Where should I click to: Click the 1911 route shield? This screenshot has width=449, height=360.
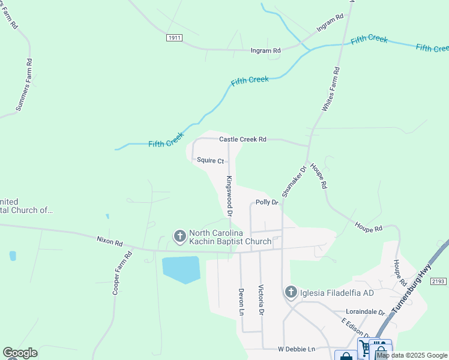pos(174,37)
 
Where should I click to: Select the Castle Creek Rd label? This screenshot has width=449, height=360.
pos(243,139)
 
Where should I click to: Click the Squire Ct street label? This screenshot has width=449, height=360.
pos(210,161)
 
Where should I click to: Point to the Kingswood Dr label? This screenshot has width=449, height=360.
pos(229,196)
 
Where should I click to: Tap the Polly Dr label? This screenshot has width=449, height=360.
pos(267,203)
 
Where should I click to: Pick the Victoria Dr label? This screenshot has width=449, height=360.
pos(261,300)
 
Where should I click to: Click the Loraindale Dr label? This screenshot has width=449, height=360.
pos(365,312)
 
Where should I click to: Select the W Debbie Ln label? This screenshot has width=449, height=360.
pos(296,349)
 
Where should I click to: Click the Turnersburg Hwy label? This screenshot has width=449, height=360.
pos(414,291)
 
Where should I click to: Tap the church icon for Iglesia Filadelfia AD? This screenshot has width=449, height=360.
pos(291,292)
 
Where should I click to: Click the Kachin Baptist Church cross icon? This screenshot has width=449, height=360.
pos(179,237)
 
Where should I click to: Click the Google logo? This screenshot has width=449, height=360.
pos(20,353)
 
